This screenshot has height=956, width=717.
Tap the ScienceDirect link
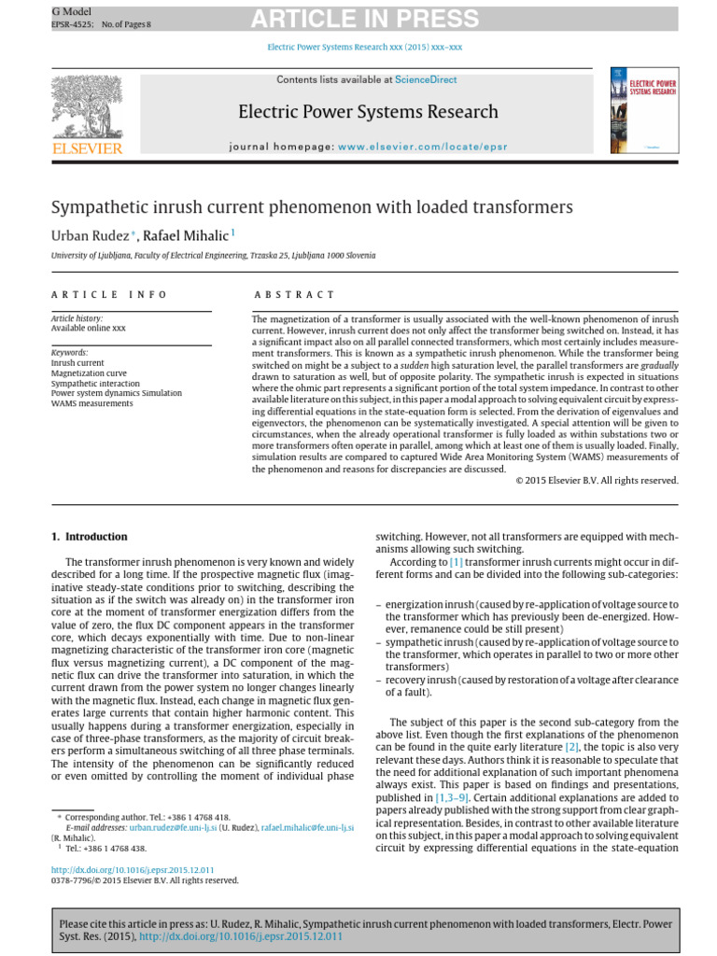pos(426,80)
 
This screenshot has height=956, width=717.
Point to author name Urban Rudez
pos(89,235)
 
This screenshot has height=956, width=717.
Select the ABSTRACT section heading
pos(293,295)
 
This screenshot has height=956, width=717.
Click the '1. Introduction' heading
pos(89,537)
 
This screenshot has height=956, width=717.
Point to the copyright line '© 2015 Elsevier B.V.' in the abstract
pos(597,480)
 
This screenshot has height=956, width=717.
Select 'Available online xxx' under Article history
pos(88,328)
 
